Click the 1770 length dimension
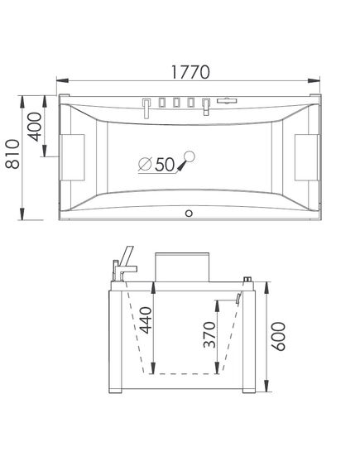[x=190, y=72]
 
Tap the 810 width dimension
[x=13, y=154]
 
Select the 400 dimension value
[x=35, y=127]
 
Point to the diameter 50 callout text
[x=156, y=164]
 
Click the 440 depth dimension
[x=146, y=320]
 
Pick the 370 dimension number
[x=209, y=335]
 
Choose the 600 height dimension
[x=278, y=336]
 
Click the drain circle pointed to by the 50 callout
[x=190, y=156]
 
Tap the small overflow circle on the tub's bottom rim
[x=189, y=214]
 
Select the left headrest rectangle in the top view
[x=72, y=157]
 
